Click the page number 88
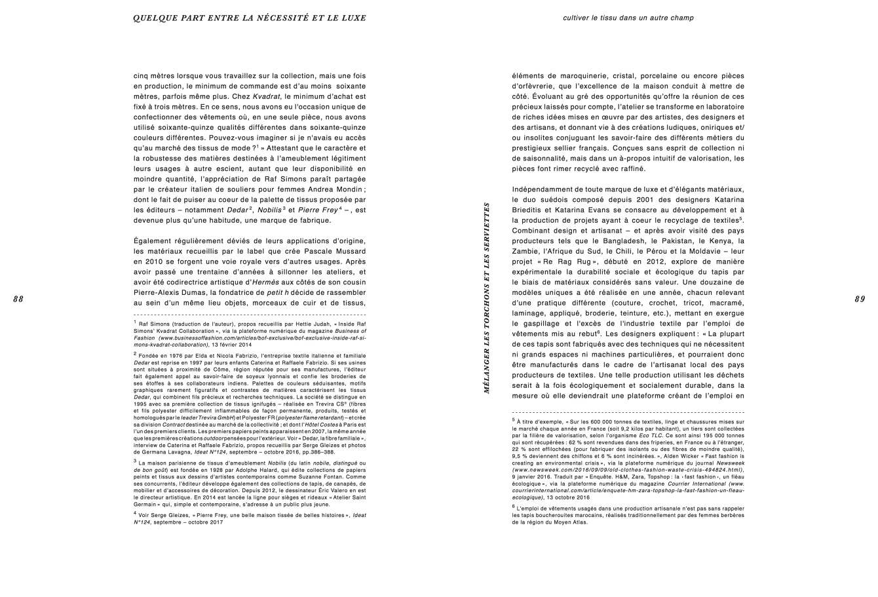18,299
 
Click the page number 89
860,299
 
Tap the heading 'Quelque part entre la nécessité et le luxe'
249,18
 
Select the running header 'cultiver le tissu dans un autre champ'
628,18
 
